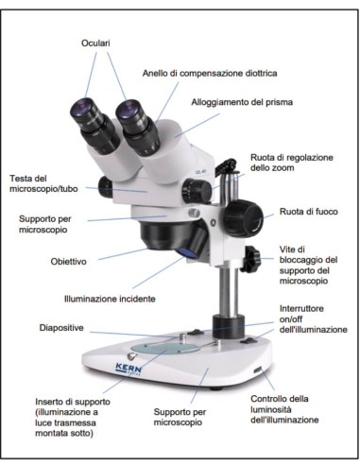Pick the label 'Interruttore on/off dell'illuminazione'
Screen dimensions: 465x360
(312, 319)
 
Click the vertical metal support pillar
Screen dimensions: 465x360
(225, 293)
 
